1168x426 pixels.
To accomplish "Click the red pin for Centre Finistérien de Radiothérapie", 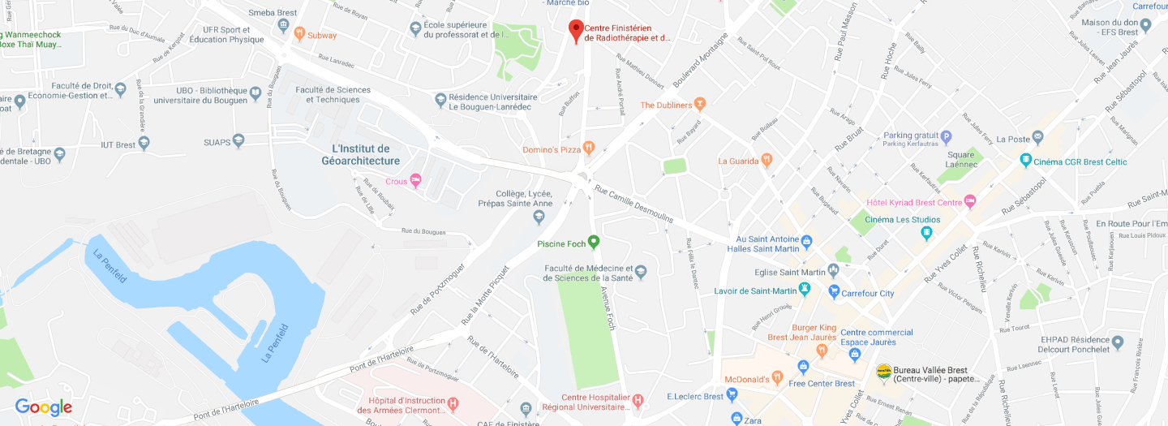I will click(x=576, y=30).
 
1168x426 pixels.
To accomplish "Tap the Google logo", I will click(x=44, y=407).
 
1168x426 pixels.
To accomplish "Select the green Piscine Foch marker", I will click(x=594, y=242).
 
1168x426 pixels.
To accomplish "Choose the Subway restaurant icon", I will click(x=298, y=35).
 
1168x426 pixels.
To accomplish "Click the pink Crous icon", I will click(x=416, y=180).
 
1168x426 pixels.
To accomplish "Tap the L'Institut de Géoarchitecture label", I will click(x=360, y=155).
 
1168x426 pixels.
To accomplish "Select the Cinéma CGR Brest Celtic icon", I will click(x=1026, y=161).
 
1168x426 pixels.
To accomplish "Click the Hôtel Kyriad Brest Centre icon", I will click(x=970, y=202).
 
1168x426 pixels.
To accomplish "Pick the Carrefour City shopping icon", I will click(x=834, y=292).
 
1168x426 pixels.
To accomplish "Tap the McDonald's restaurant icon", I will click(x=777, y=379).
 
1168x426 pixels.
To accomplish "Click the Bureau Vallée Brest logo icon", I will click(x=883, y=372).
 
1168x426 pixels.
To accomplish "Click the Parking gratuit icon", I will click(x=945, y=136).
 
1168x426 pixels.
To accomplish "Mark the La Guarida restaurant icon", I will click(x=766, y=161).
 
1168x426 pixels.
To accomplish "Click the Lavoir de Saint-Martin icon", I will click(x=805, y=290).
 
